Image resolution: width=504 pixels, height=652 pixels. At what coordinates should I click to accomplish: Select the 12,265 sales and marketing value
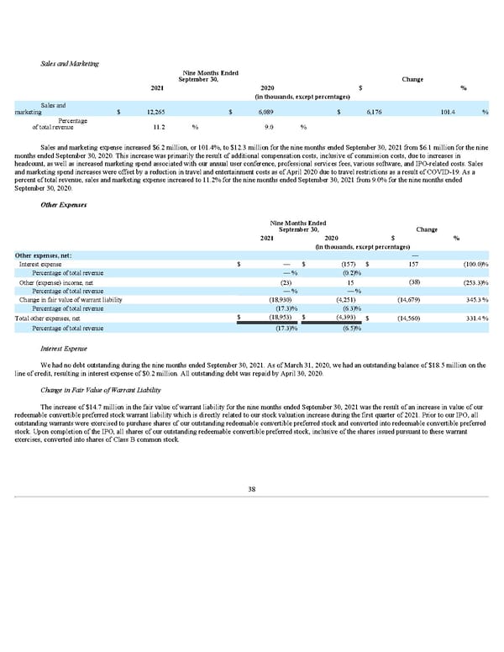(154, 112)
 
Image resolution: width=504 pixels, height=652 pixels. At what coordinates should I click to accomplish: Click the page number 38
(252, 491)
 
